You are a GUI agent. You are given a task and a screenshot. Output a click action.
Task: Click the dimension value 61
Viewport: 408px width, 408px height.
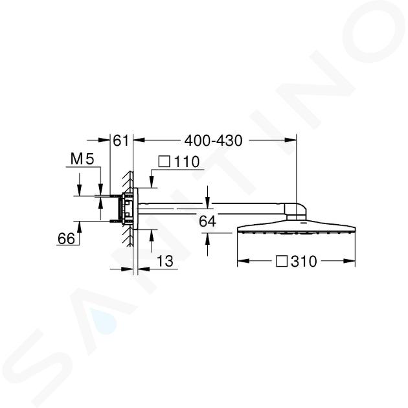(120, 141)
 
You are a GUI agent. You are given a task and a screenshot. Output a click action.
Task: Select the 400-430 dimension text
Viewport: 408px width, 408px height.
(213, 141)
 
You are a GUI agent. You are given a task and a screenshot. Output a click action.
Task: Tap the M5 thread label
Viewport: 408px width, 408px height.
(82, 159)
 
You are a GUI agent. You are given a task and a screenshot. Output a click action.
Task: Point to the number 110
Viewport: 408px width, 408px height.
(187, 162)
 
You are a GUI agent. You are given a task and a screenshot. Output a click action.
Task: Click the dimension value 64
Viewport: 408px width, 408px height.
(207, 221)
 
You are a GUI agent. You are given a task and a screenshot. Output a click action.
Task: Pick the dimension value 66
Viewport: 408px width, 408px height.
(66, 238)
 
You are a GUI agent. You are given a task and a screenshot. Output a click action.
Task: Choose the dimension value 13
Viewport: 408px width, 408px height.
(165, 261)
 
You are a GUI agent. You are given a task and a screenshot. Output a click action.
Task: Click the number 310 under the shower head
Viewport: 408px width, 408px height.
(304, 261)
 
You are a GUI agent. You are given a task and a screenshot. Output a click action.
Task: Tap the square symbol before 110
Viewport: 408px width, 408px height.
(164, 161)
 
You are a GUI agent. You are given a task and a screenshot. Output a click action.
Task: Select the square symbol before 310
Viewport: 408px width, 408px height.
(282, 261)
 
